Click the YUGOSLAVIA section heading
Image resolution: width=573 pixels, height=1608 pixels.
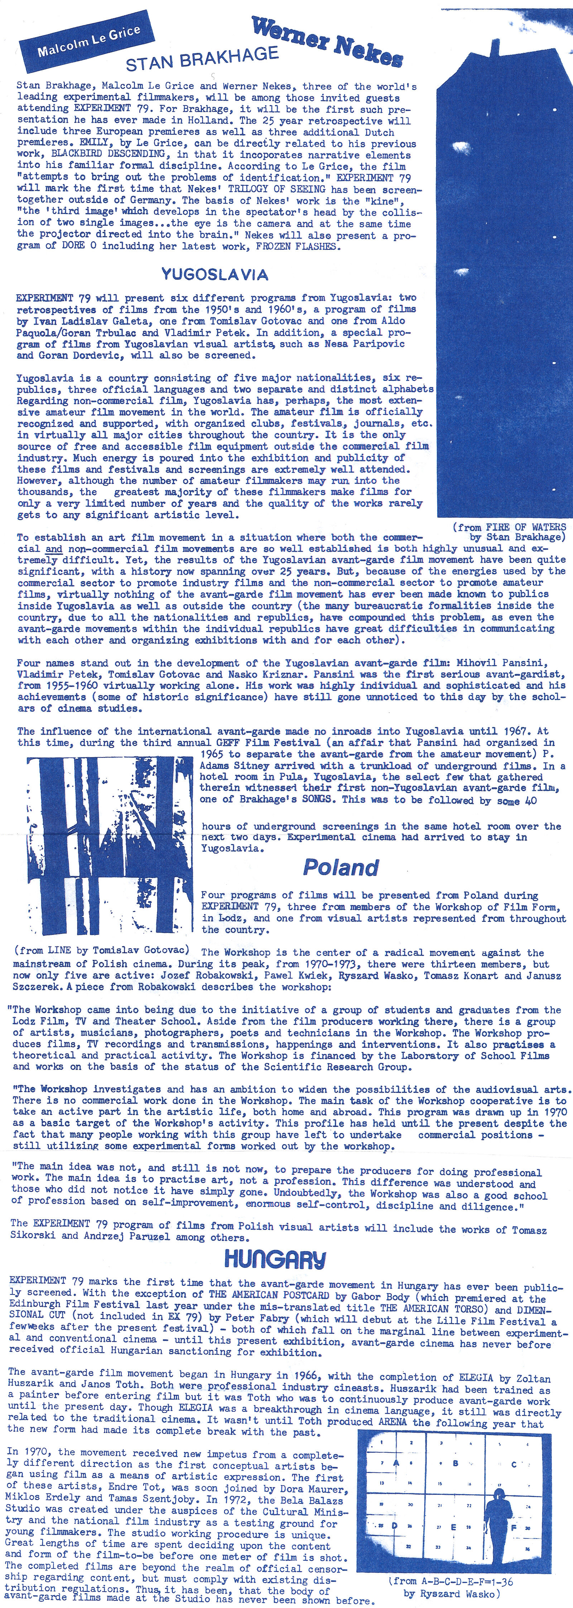215,274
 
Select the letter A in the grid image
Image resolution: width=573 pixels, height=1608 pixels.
395,1463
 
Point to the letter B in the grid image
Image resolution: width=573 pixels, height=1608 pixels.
455,1463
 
